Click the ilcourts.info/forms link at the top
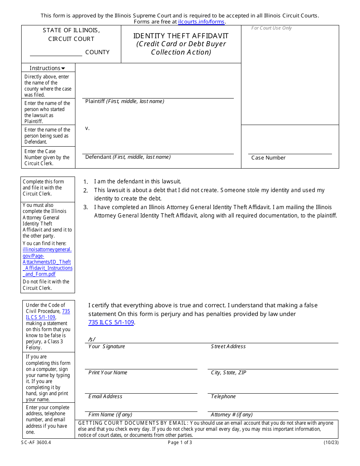coord(201,22)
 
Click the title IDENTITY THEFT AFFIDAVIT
coord(181,36)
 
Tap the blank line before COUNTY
coord(56,53)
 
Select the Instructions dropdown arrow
coord(63,69)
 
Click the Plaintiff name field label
coord(125,102)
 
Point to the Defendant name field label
coord(128,157)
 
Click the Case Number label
coord(268,158)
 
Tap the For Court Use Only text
coord(271,28)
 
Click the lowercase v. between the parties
coord(87,128)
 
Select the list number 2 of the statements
coord(86,190)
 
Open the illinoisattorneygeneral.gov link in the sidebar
coord(47,262)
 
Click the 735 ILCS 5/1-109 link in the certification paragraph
coord(111,323)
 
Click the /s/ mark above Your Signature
coord(92,339)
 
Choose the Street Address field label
coord(228,347)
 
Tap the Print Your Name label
coord(108,373)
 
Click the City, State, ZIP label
coord(229,373)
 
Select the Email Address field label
coord(105,397)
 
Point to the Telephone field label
coord(223,397)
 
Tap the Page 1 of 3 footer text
coord(180,443)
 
